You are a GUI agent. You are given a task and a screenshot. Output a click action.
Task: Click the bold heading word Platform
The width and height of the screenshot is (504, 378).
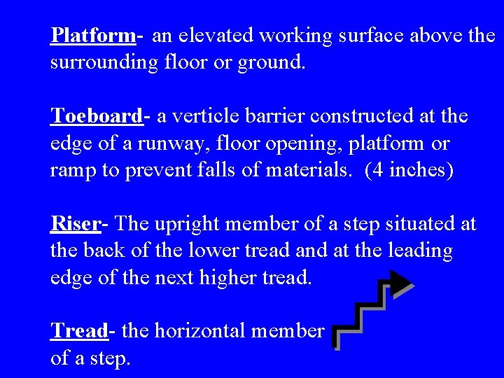(x=92, y=35)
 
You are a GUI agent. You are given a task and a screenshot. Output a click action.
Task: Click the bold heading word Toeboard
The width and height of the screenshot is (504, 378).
(x=96, y=115)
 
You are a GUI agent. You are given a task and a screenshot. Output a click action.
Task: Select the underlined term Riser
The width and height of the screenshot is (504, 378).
(x=76, y=224)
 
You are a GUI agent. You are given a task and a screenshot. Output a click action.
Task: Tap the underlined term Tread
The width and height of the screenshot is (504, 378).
(x=79, y=330)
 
